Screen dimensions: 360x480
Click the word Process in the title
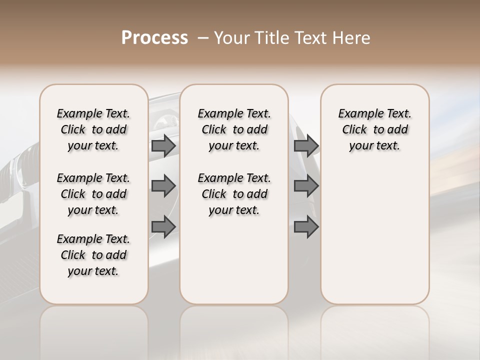[154, 38]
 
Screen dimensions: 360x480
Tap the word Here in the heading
[352, 38]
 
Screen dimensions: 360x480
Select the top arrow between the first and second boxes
[163, 145]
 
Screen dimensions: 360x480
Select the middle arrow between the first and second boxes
[163, 186]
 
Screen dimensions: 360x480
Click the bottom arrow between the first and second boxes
[163, 226]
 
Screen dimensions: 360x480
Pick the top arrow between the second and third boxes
[306, 145]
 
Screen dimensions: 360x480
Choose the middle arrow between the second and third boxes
[306, 186]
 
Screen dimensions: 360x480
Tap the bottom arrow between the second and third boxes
[306, 226]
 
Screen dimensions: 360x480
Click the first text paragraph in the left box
[93, 129]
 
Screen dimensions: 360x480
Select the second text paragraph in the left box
[93, 194]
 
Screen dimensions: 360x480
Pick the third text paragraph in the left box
[93, 255]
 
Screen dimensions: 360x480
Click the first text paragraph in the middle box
[234, 129]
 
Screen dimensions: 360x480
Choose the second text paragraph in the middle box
[234, 194]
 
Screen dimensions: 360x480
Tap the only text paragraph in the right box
[375, 129]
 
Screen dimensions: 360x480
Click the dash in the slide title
[203, 38]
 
